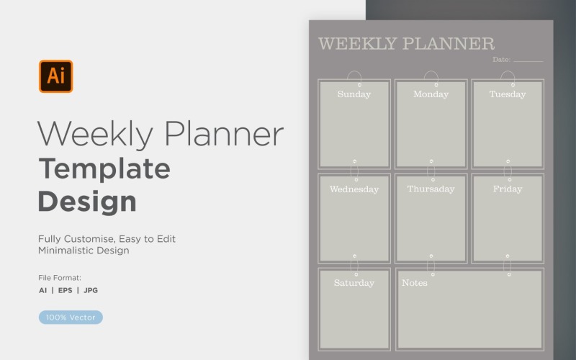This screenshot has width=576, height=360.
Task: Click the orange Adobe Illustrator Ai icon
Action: point(55,76)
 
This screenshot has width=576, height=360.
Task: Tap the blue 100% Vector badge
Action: point(71,317)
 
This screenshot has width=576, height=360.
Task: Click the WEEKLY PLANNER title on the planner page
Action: point(406,44)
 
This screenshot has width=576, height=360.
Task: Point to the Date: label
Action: point(501,60)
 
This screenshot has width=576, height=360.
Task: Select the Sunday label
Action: point(354,94)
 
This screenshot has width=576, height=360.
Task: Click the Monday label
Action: point(431,94)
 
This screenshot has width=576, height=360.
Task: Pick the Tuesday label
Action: point(508,94)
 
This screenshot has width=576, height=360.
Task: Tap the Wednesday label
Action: point(354,189)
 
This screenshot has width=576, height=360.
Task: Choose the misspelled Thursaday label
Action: point(431,189)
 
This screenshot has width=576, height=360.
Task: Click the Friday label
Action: point(508,189)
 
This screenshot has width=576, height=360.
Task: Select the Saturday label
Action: point(354,283)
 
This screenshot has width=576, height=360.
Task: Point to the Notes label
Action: point(414,283)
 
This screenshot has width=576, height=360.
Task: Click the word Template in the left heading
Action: point(104,169)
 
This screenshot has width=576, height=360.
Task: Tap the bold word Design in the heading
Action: point(87,201)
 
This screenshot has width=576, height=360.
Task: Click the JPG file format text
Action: point(91,291)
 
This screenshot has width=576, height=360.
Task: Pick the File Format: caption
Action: point(60,277)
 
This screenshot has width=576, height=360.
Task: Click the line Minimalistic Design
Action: point(84,251)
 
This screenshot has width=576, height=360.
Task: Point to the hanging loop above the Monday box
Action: point(431,77)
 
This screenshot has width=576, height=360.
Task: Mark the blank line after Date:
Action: point(528,61)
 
